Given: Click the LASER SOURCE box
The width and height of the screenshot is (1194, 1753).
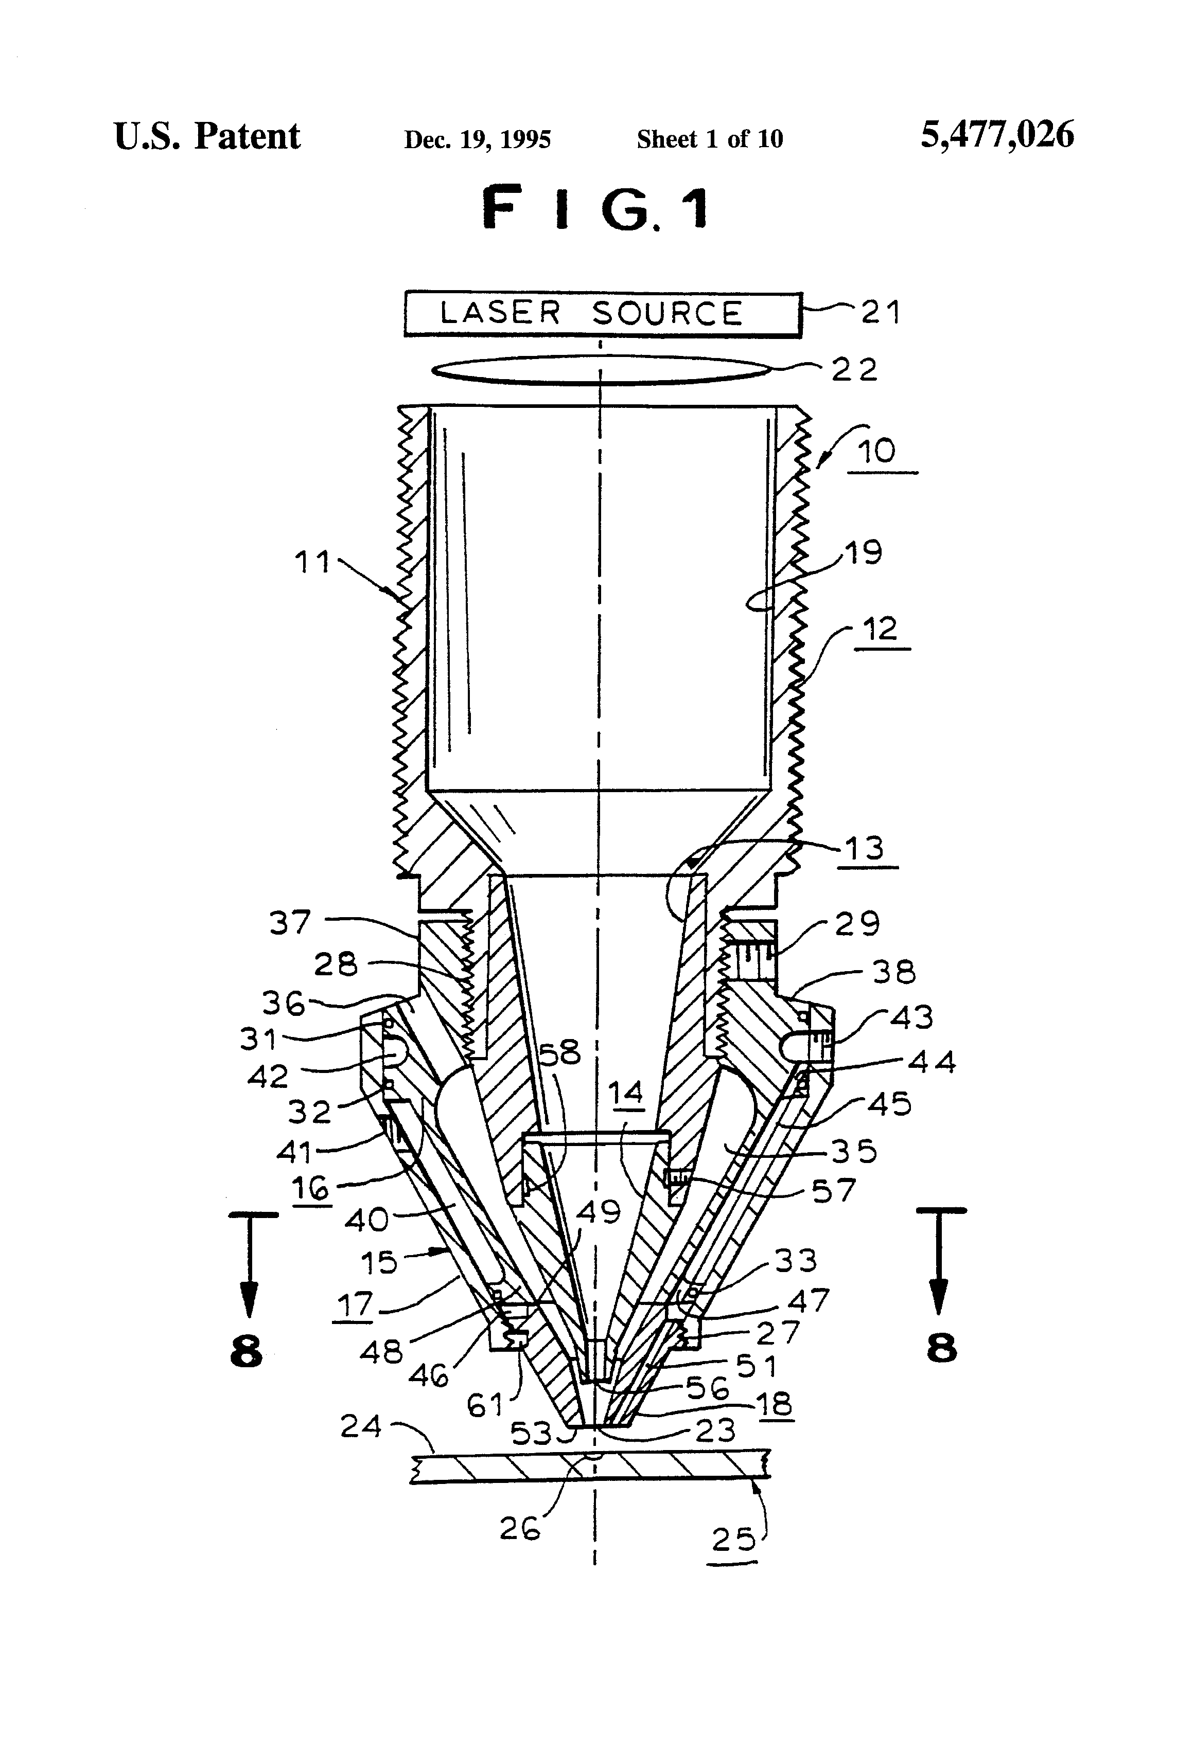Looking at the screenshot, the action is pyautogui.click(x=602, y=314).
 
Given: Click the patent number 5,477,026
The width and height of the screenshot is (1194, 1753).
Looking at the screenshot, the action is pyautogui.click(x=997, y=136).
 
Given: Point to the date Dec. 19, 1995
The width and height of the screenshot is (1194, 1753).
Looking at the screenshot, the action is pyautogui.click(x=478, y=139).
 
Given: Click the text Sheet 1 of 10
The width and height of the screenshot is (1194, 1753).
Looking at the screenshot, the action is pyautogui.click(x=710, y=139).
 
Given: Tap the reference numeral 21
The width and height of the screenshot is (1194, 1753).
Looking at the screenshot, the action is pyautogui.click(x=881, y=312).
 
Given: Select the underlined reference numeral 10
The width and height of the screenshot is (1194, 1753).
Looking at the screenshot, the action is pyautogui.click(x=877, y=452).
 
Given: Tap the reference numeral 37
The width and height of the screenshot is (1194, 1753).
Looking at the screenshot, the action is pyautogui.click(x=291, y=922).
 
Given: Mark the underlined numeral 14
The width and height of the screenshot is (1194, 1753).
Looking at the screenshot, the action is pyautogui.click(x=626, y=1093).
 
